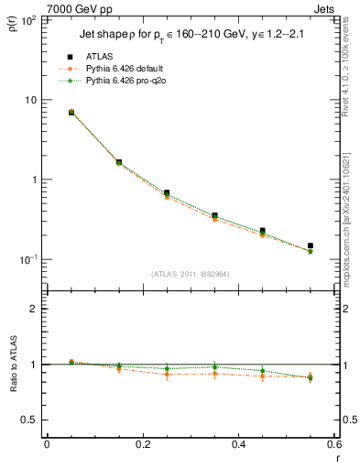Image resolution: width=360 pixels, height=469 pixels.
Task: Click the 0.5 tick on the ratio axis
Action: click(x=32, y=420)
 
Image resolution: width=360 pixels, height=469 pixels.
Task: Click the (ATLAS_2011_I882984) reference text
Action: click(x=191, y=274)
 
